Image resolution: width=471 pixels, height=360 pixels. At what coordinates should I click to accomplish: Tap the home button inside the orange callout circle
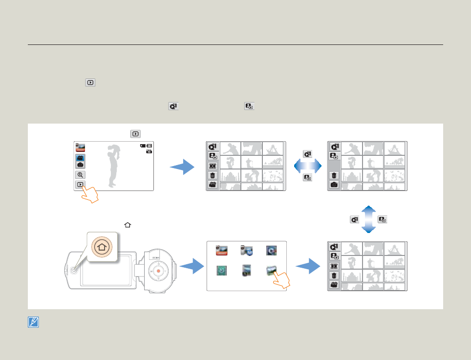(101, 247)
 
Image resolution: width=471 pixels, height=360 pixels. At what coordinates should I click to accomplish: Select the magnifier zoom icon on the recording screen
(80, 174)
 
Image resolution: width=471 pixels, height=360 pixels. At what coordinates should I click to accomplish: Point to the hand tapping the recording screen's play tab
(90, 194)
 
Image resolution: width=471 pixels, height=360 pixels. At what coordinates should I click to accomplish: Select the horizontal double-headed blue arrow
(307, 167)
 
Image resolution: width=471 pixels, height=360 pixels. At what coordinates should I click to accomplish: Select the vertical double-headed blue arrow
(369, 219)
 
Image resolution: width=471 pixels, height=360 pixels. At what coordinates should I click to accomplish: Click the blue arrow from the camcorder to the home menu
(192, 266)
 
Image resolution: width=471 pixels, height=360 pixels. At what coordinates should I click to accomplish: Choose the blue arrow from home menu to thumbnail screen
(309, 266)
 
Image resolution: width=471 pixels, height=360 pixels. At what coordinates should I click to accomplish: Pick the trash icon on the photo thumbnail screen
(334, 175)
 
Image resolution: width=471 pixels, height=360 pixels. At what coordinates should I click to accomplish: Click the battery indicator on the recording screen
(149, 145)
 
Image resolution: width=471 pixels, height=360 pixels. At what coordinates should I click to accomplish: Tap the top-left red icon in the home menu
(222, 251)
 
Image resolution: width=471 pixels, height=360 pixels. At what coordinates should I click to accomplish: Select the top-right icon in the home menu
(271, 251)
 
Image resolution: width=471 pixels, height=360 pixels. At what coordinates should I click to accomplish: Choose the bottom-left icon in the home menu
(222, 270)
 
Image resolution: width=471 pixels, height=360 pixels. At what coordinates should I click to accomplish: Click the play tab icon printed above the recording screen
(135, 133)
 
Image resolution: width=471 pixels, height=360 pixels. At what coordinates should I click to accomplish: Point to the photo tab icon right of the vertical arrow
(383, 219)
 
